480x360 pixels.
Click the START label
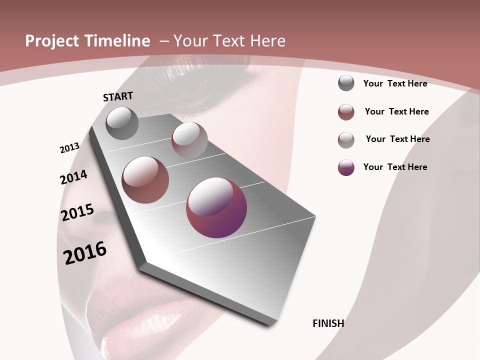click(118, 96)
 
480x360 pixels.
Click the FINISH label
click(328, 323)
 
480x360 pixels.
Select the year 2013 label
click(69, 148)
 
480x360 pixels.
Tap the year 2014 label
click(73, 177)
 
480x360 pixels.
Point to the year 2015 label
click(77, 212)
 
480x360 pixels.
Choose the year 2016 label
click(85, 252)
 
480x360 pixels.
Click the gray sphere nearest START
click(122, 123)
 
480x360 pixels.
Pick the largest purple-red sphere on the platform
click(216, 207)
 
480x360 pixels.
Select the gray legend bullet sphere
click(346, 83)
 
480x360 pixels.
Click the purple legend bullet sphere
click(346, 167)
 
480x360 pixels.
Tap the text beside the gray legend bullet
click(395, 83)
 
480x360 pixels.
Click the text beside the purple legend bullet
click(395, 167)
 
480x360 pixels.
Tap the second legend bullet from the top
click(346, 112)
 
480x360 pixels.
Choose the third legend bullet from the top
click(346, 140)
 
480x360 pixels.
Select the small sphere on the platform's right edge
click(189, 139)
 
